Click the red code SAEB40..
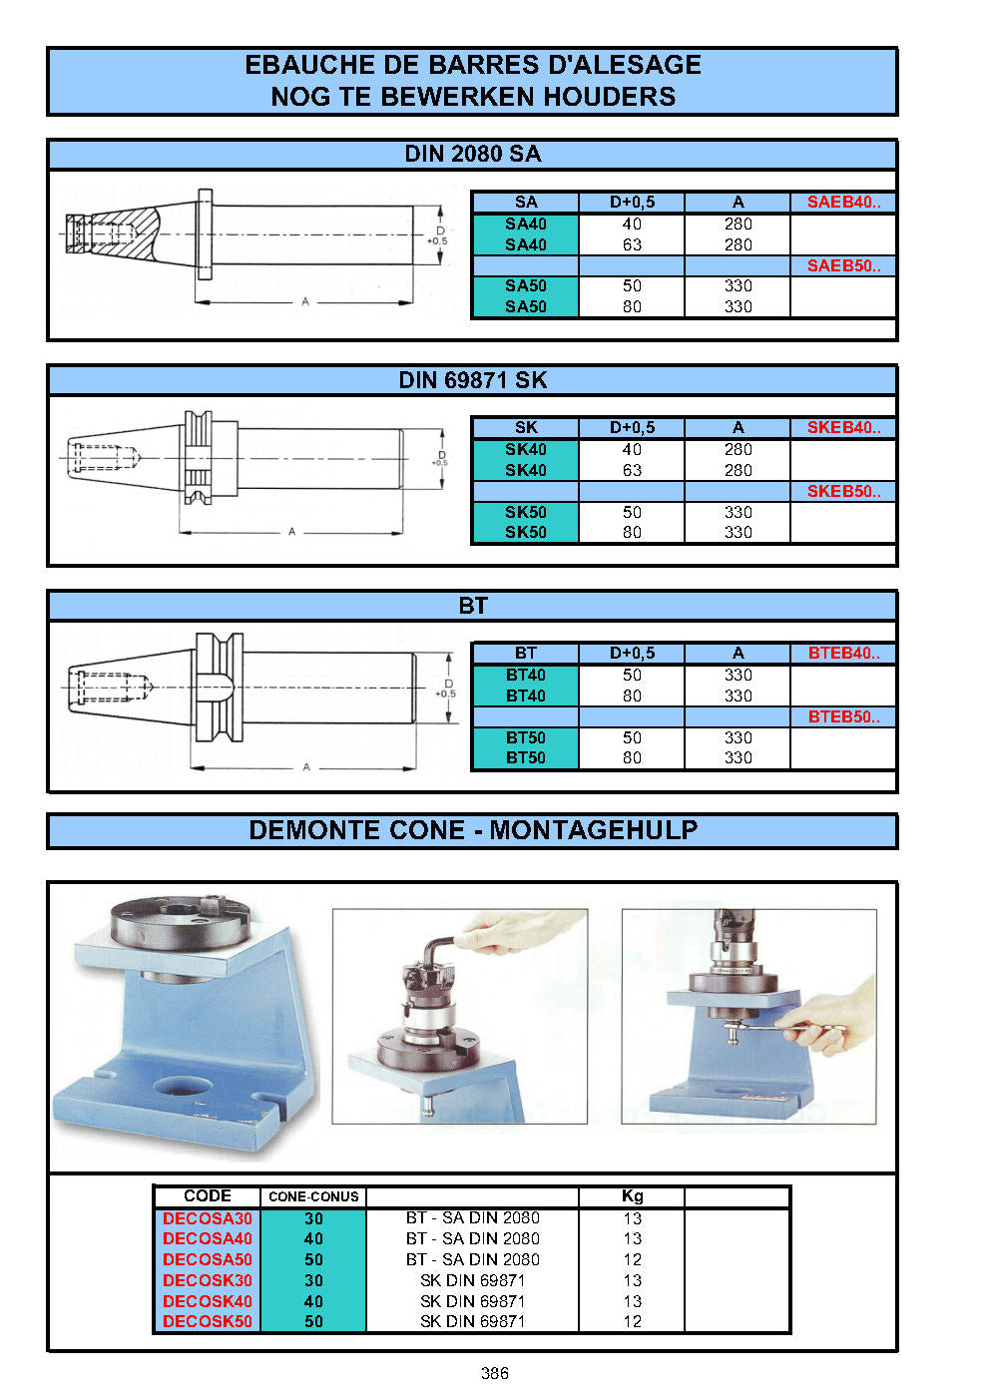point(843,202)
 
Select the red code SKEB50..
point(843,491)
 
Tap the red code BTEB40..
point(843,654)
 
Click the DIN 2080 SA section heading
point(472,154)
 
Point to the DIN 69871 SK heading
point(472,380)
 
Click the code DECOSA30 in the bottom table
point(207,1218)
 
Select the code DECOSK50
point(207,1321)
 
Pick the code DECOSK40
point(207,1300)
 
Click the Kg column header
point(632,1195)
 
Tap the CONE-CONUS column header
point(313,1196)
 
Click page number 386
point(494,1373)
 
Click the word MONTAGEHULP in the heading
point(593,830)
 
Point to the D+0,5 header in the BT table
point(632,654)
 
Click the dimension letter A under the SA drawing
point(305,302)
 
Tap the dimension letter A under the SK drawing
point(291,532)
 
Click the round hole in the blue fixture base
point(182,1087)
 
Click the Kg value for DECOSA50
point(632,1259)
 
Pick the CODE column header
point(207,1195)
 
